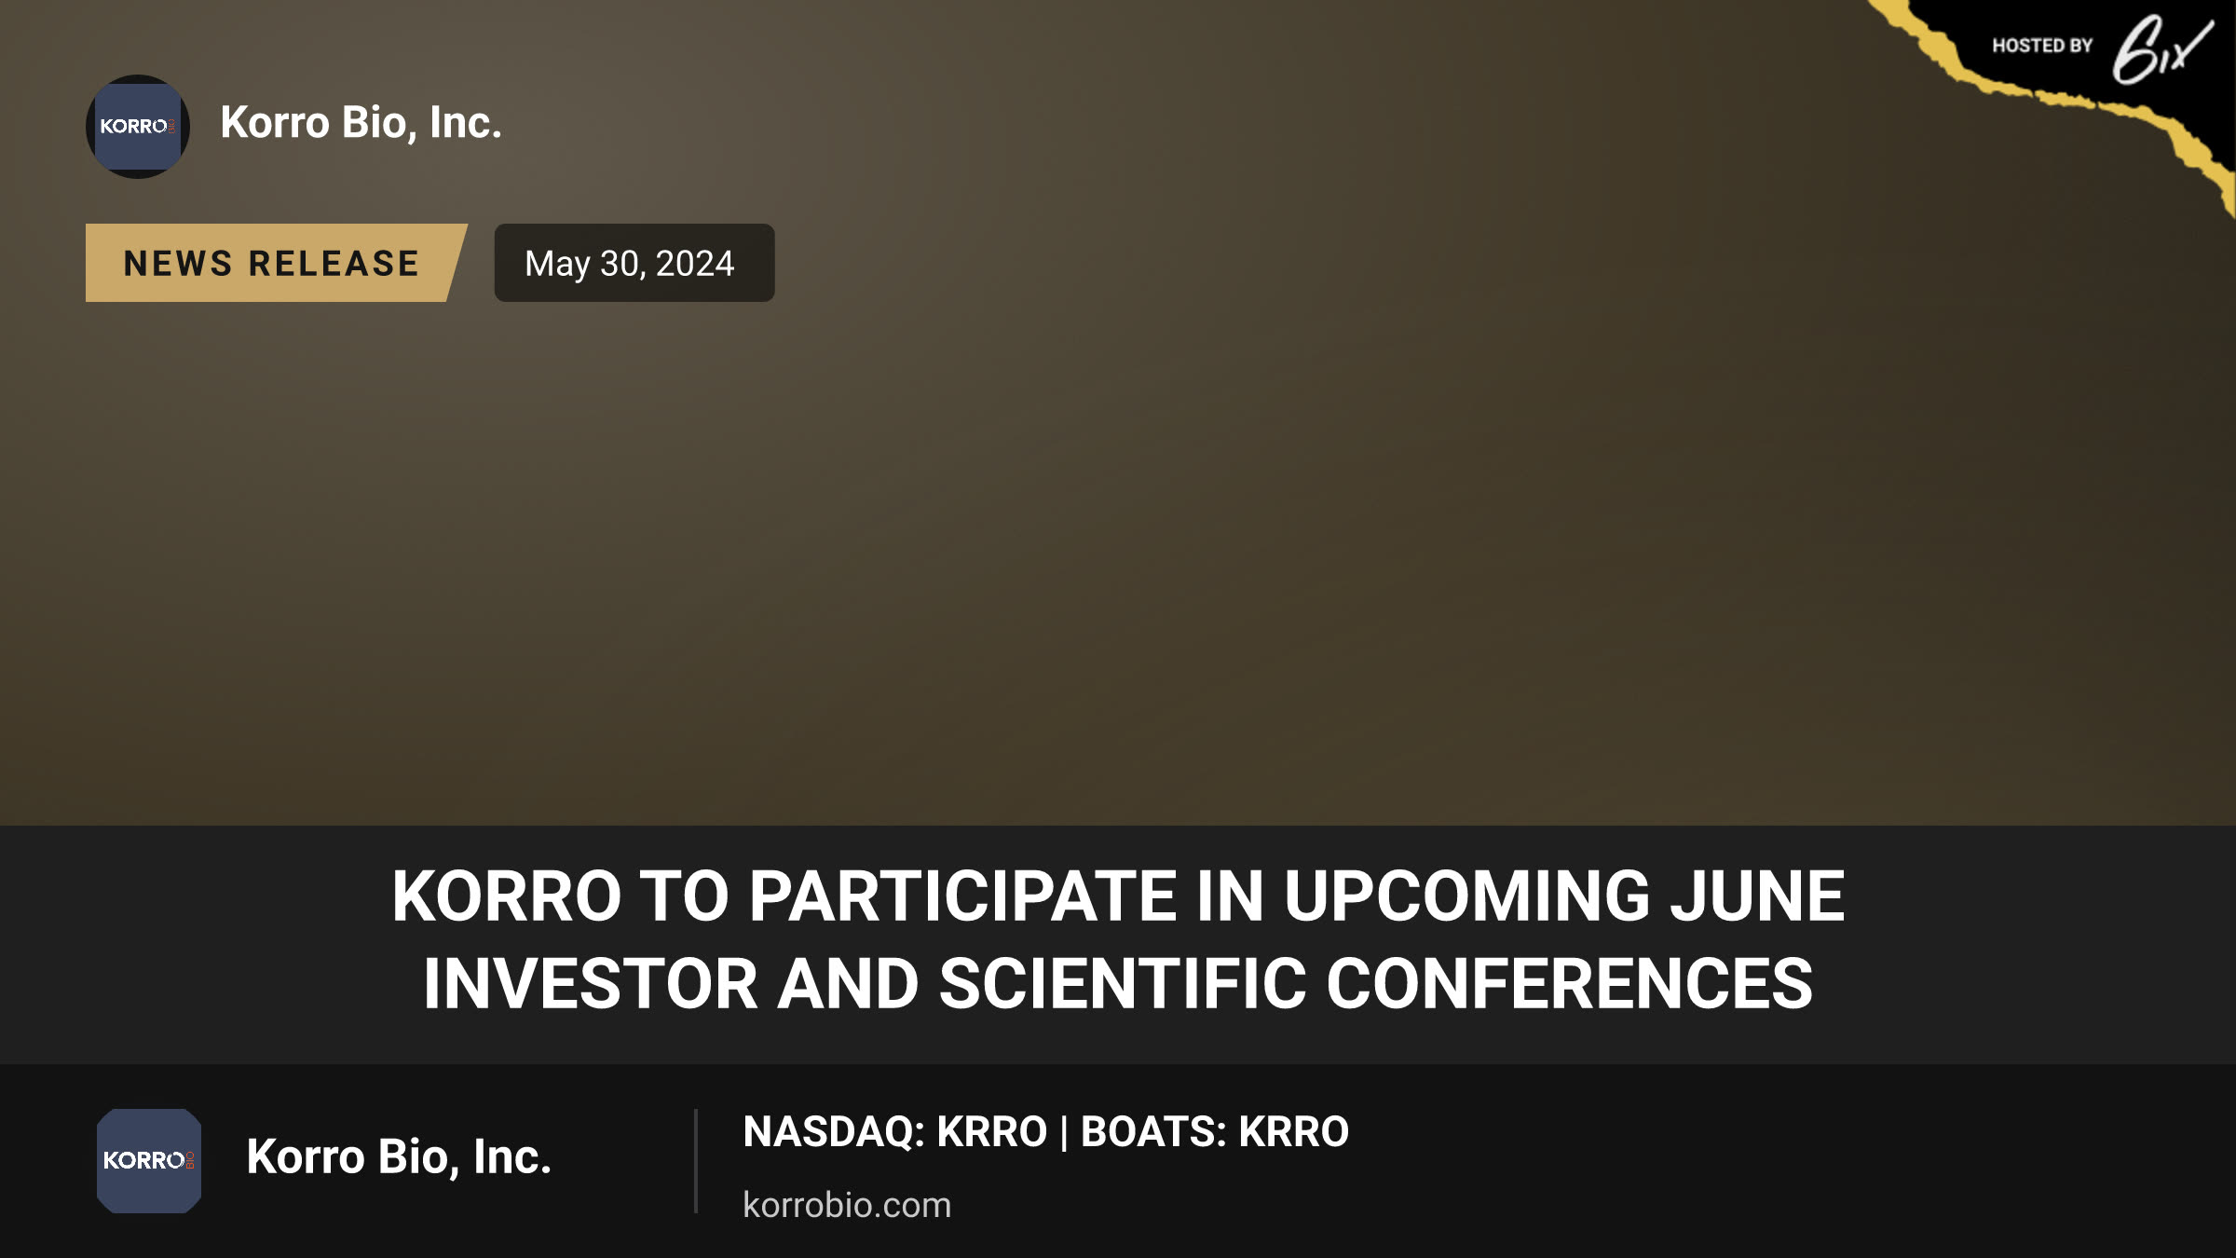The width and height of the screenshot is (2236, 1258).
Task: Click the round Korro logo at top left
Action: click(138, 127)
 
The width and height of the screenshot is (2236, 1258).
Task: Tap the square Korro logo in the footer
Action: click(149, 1161)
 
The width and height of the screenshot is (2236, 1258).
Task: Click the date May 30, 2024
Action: click(630, 264)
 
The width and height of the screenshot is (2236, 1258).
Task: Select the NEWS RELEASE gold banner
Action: click(276, 263)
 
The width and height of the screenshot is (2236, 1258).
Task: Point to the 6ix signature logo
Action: click(2161, 50)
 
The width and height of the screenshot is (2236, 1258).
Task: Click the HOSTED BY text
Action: click(2042, 46)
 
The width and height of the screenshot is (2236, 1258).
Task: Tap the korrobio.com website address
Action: click(847, 1205)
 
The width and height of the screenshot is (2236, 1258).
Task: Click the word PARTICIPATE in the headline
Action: click(963, 896)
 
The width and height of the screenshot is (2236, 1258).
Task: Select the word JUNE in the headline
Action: click(1756, 896)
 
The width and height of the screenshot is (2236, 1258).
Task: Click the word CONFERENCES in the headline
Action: click(1570, 984)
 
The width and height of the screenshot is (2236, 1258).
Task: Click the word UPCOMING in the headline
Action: click(1466, 896)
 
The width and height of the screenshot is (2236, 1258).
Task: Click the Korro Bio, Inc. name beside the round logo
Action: click(361, 123)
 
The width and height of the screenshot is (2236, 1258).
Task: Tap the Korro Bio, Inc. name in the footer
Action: click(399, 1157)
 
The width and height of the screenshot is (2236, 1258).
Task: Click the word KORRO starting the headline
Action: click(506, 896)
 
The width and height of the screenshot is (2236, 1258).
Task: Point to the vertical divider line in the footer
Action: click(696, 1161)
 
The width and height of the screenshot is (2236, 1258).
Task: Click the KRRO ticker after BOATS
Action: click(1294, 1132)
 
